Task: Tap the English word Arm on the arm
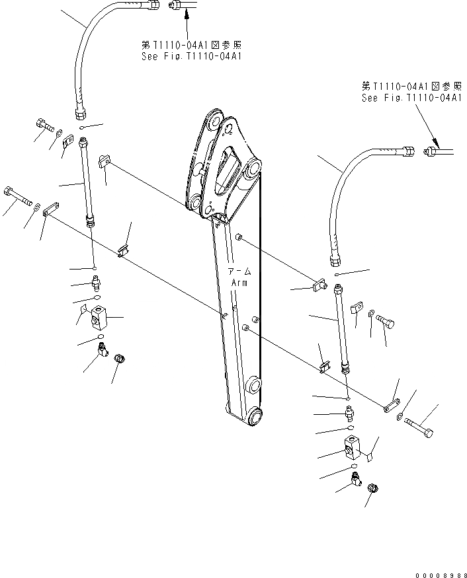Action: coord(239,283)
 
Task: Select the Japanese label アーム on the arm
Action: coord(239,271)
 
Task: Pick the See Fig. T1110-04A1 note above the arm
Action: coord(191,57)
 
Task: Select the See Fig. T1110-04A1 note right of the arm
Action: coord(411,97)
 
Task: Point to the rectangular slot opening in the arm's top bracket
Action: coord(229,168)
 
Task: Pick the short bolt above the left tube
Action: coord(44,125)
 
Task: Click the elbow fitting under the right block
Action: coord(356,480)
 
